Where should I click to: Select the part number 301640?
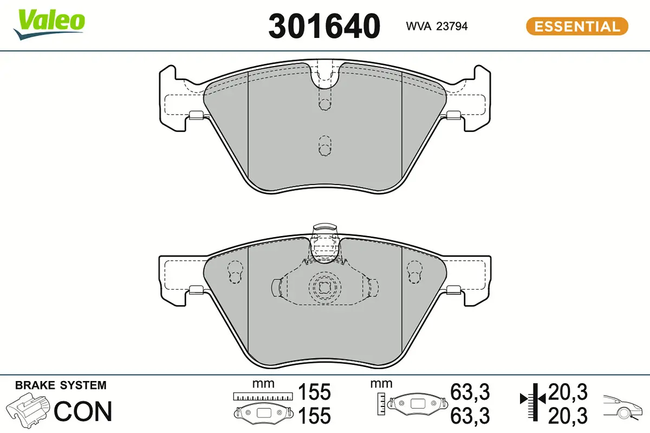tap(324, 25)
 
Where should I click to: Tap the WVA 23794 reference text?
tap(437, 26)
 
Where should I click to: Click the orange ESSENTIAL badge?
tap(577, 26)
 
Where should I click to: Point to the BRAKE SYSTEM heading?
tap(61, 385)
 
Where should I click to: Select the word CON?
tap(83, 411)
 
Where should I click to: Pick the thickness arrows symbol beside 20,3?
tap(533, 399)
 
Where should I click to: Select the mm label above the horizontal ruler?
tap(263, 384)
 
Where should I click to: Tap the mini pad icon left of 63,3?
tap(418, 403)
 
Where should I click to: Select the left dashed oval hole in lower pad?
tap(235, 272)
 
